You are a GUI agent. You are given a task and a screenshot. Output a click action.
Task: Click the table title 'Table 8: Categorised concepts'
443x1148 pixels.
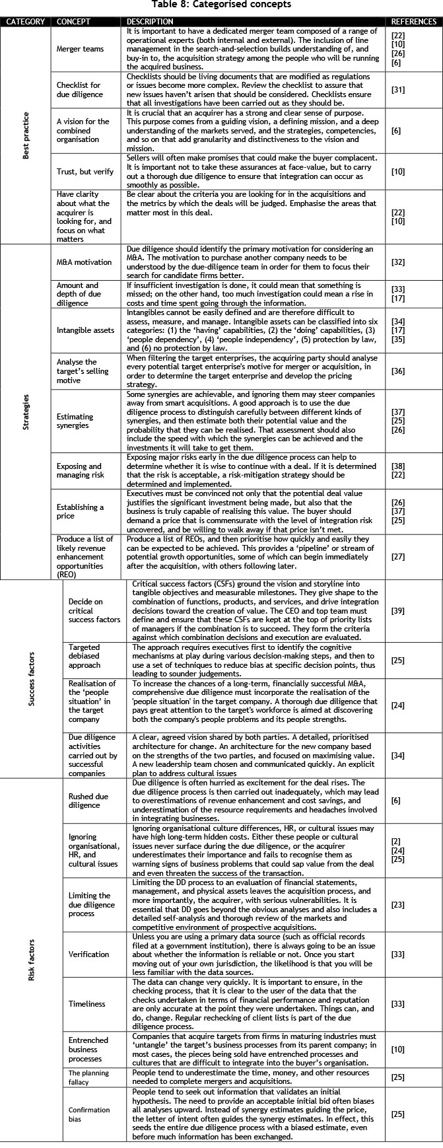[221, 5]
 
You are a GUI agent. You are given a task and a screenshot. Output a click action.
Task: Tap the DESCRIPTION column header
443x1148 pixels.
[150, 22]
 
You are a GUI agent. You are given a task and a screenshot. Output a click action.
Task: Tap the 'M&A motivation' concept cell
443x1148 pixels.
[85, 262]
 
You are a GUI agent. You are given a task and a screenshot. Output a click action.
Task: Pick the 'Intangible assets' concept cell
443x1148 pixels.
[85, 330]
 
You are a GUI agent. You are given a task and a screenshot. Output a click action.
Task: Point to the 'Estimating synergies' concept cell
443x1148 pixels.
[75, 421]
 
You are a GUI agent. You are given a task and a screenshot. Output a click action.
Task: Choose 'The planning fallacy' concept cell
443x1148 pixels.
[89, 1077]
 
